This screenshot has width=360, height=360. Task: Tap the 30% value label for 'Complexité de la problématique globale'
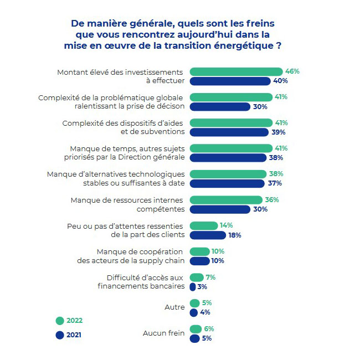tap(260, 106)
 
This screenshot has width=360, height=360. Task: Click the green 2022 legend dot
tap(60, 320)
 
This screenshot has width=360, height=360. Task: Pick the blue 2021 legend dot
tap(60, 335)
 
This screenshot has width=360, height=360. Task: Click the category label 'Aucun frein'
tap(163, 333)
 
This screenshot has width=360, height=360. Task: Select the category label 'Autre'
tap(174, 307)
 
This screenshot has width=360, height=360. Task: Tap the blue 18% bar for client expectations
tap(208, 235)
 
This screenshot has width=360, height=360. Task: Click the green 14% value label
tap(225, 225)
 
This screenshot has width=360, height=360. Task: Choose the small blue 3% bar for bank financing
tap(193, 287)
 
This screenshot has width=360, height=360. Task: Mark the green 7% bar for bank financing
tap(197, 277)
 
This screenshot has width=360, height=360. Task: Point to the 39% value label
tap(279, 132)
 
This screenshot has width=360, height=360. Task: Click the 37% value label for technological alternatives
tap(275, 183)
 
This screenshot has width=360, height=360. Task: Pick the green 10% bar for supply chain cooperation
tap(199, 251)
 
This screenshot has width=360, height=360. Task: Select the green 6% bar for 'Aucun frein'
tap(196, 329)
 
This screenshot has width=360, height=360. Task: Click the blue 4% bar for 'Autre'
tap(194, 312)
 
